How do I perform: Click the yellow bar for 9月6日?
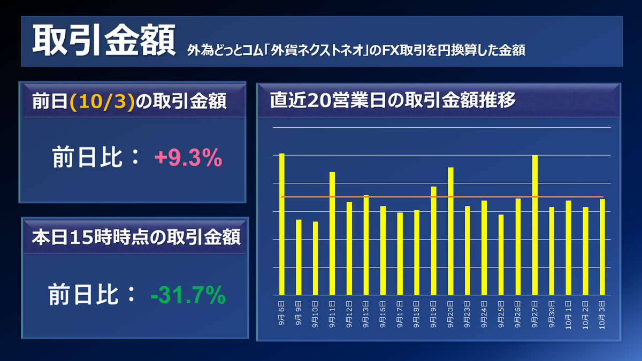282,224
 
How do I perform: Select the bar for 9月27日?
535,225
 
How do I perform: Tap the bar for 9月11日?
332,234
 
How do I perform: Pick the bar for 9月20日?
450,231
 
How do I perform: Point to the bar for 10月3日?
602,247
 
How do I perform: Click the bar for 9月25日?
501,255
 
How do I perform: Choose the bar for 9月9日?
299,257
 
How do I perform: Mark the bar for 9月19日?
434,241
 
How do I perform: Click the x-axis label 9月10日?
315,314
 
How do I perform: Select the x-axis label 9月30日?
552,314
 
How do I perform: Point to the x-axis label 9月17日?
400,314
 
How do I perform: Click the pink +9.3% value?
188,158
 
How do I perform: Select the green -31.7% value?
188,295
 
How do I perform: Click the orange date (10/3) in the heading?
102,102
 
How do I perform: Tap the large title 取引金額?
104,40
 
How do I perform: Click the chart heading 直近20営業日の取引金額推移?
393,100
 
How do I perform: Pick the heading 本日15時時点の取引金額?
136,238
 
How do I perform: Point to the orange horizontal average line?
442,197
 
